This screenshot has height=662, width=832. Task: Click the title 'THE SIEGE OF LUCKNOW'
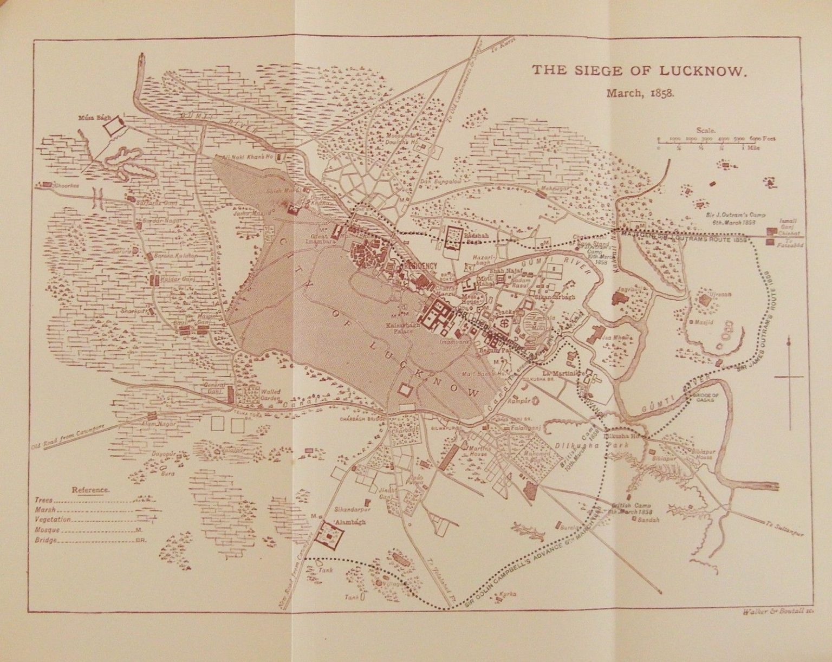point(640,70)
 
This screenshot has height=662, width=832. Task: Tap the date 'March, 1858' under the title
point(640,92)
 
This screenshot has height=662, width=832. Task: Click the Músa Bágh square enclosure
point(114,126)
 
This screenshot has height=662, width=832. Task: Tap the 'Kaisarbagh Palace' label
point(400,328)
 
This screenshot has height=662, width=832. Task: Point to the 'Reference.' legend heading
point(91,490)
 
